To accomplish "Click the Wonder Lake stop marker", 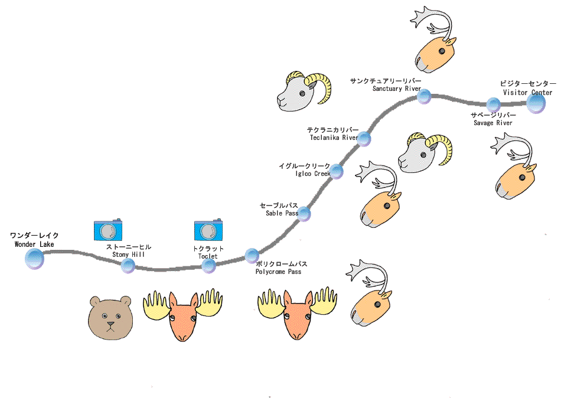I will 34,258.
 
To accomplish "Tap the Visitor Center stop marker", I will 536,103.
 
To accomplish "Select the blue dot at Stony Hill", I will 128,266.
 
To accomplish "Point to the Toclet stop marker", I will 208,266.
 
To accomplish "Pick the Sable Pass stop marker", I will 304,213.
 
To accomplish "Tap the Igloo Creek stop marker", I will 336,172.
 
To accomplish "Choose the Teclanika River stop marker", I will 364,139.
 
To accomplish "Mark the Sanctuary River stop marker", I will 424,97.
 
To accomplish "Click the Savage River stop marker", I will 494,105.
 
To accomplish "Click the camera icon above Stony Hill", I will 108,229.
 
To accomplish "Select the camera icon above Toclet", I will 208,230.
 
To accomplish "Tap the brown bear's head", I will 110,317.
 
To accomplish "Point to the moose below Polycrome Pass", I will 297,313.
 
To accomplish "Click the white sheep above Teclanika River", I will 303,90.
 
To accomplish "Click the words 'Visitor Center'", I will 527,92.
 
